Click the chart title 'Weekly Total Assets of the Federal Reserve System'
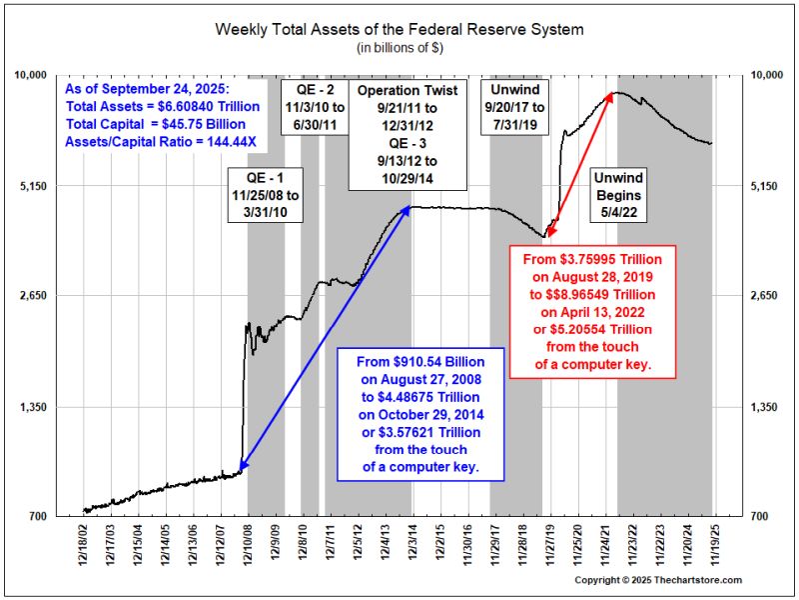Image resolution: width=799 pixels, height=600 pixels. click(x=399, y=29)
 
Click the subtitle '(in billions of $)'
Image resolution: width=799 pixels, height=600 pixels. click(x=399, y=47)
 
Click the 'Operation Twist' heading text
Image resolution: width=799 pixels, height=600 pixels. click(x=407, y=90)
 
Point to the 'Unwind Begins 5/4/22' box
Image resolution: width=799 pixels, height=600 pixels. click(x=617, y=196)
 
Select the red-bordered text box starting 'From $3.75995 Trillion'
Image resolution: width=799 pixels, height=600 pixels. click(x=580, y=311)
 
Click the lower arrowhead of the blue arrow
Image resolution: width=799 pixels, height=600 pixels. click(x=241, y=465)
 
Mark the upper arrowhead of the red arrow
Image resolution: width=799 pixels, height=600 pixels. click(x=610, y=95)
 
